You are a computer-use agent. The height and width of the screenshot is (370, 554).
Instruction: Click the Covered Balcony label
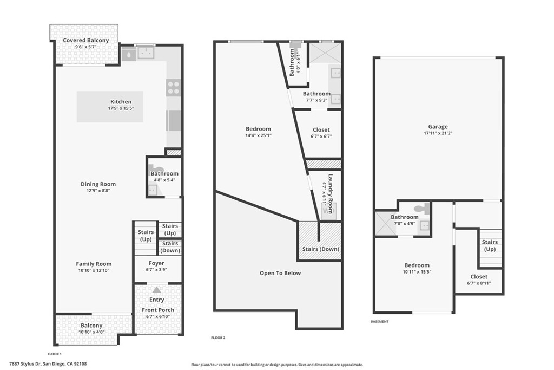tap(85, 40)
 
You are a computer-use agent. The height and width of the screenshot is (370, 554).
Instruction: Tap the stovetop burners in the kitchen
tap(173, 87)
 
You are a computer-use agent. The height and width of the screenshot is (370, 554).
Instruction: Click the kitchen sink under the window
tap(144, 53)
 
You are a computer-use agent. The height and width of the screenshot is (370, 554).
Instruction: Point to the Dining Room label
tap(98, 184)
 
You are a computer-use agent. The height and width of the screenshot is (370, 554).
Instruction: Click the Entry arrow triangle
tap(157, 290)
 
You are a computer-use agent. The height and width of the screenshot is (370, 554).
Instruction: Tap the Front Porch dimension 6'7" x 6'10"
tap(158, 316)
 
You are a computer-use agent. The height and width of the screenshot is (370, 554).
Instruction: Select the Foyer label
tap(156, 263)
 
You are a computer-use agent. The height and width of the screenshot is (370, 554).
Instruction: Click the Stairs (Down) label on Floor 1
tap(170, 247)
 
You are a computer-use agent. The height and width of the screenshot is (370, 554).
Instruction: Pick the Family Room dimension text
tap(93, 270)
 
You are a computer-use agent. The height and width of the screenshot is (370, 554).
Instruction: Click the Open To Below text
tap(280, 273)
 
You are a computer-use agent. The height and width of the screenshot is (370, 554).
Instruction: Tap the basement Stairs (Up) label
tap(490, 245)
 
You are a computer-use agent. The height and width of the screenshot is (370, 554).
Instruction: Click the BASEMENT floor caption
tap(379, 322)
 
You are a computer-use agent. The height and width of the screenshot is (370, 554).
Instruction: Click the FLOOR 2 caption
tap(217, 338)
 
